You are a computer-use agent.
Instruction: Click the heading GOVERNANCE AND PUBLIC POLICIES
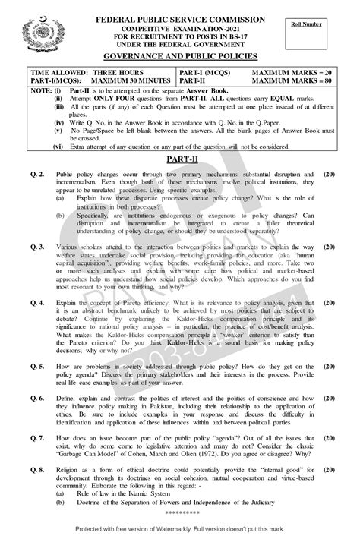(x=180, y=56)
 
